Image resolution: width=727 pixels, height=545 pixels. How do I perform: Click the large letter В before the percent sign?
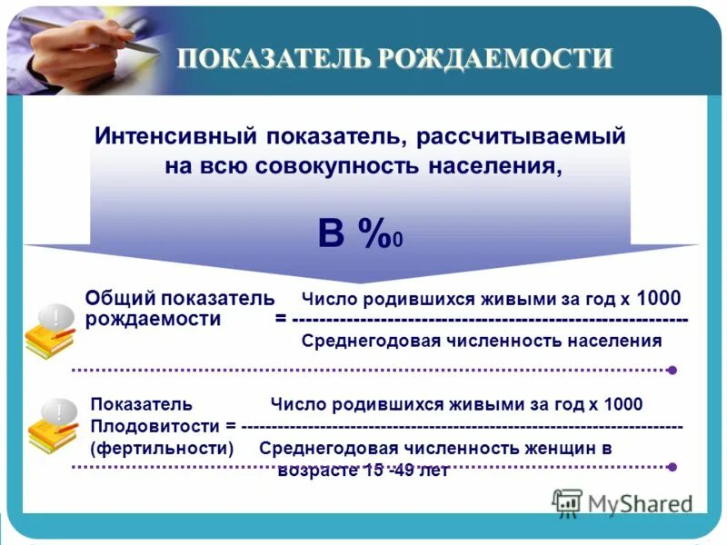tap(331, 233)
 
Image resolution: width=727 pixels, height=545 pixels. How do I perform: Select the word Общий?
tap(118, 298)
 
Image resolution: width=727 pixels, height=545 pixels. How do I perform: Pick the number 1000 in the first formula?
tap(659, 298)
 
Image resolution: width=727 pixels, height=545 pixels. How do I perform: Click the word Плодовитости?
tap(155, 426)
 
